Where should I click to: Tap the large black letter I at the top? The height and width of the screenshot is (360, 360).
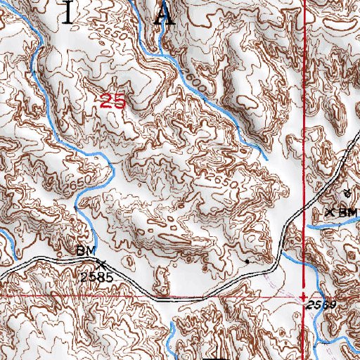point(67,13)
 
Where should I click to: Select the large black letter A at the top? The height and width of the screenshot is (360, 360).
point(166,13)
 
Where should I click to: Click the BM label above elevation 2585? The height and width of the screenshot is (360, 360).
point(84,251)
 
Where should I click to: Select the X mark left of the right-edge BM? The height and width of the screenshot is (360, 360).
point(329,211)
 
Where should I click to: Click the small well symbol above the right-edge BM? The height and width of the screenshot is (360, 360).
point(346,192)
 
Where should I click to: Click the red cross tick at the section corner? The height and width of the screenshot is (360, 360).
point(303,297)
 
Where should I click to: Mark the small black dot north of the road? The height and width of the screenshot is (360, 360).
point(247,260)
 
